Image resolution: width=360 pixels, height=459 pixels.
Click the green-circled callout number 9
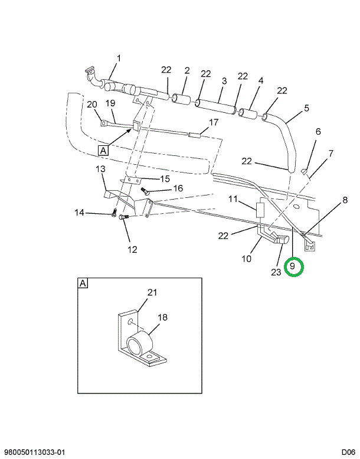coord(293,267)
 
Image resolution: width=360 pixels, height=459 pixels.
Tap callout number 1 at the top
coord(118,58)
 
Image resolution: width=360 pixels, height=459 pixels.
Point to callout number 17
coord(213,123)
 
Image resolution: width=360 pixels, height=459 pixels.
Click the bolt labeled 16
coord(145,191)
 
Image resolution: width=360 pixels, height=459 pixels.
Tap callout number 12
coord(132,249)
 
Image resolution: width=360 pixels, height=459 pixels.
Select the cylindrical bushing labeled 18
coord(140,344)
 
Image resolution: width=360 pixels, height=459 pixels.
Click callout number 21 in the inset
coord(152,292)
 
